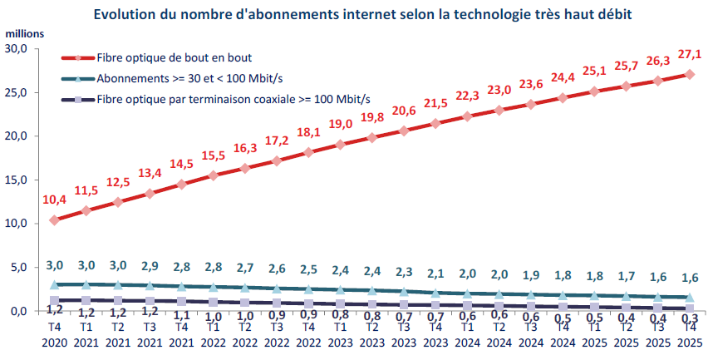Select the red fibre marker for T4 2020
pyautogui.click(x=54, y=220)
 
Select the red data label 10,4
pyautogui.click(x=54, y=200)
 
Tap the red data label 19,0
pyautogui.click(x=341, y=124)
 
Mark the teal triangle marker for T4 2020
pyautogui.click(x=54, y=284)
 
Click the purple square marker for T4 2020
pyautogui.click(x=54, y=300)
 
